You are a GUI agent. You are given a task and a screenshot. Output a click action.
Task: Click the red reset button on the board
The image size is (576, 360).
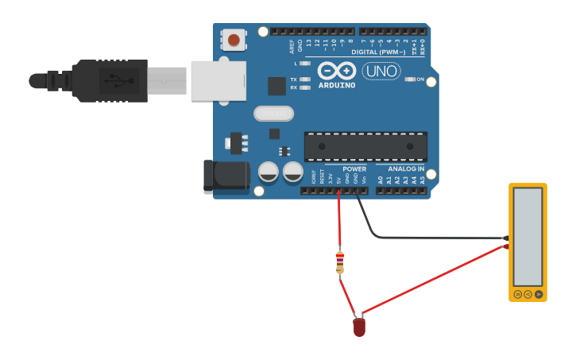click(x=234, y=39)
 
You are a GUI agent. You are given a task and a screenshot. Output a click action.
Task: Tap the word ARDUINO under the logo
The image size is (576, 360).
click(x=336, y=85)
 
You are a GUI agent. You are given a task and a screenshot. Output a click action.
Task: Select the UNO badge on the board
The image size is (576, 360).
click(x=381, y=72)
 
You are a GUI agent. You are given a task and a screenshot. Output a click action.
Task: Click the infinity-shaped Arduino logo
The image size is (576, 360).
click(x=337, y=70)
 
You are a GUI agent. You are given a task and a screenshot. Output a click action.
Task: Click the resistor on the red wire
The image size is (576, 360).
click(x=340, y=261)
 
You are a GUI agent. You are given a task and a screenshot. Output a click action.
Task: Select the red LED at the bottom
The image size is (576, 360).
click(x=359, y=325)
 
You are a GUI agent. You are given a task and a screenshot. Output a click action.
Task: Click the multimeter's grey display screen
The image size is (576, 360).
click(x=528, y=237)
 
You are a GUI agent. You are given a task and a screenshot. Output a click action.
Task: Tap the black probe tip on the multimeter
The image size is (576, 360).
click(x=506, y=238)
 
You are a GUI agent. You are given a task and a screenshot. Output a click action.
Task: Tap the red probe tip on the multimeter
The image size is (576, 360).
click(x=506, y=246)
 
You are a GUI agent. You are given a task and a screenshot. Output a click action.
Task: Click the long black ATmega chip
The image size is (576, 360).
click(x=365, y=146)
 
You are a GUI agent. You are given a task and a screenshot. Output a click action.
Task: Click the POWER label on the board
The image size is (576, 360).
click(x=354, y=169)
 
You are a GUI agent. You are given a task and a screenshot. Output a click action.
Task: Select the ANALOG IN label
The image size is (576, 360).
click(x=405, y=169)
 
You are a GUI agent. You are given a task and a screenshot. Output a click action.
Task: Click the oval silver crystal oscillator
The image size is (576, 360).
click(x=274, y=114)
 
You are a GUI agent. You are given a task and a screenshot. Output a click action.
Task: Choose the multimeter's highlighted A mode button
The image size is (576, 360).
click(x=539, y=294)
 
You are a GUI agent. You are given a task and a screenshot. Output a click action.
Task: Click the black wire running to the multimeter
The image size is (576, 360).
click(x=429, y=237)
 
